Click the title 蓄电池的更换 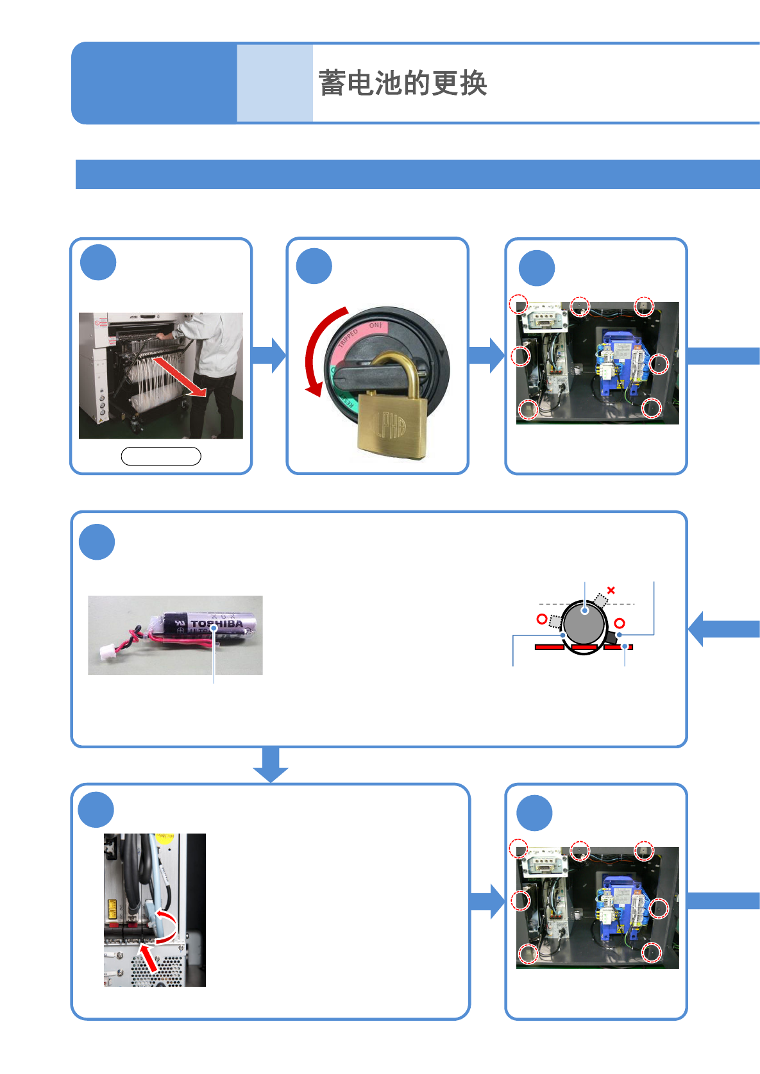coord(403,83)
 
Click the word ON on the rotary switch coord(375,326)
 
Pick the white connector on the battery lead coord(106,653)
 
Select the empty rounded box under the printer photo coord(161,456)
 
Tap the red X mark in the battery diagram coord(611,590)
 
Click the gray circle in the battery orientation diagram coord(584,622)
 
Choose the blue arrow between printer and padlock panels coord(269,355)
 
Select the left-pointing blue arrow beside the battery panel coord(722,629)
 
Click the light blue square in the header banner coord(274,83)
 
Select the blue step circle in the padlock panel coord(314,266)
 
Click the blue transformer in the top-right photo coord(620,365)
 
